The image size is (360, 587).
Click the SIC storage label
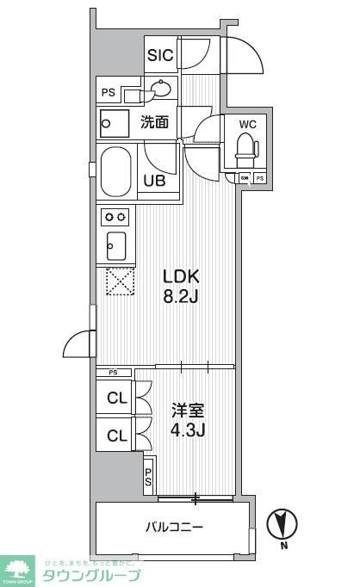click(160, 56)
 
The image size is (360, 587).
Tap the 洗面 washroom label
click(155, 122)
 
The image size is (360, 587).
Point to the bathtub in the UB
click(116, 171)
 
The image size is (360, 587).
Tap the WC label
click(248, 123)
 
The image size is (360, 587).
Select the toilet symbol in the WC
click(247, 148)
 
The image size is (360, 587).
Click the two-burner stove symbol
click(115, 216)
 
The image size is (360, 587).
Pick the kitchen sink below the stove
click(115, 246)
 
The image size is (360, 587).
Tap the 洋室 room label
click(181, 411)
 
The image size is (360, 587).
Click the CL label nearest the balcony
click(115, 435)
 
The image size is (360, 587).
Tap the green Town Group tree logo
click(18, 568)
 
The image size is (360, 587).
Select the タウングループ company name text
click(91, 575)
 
